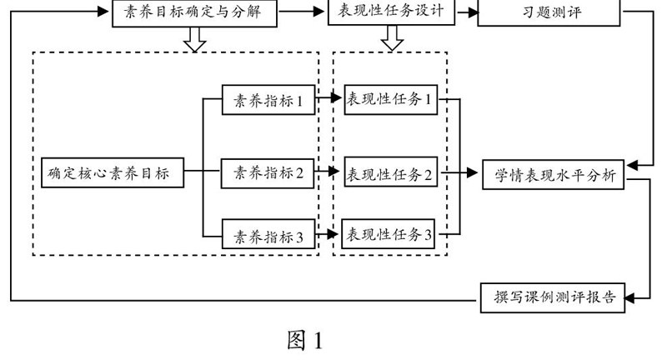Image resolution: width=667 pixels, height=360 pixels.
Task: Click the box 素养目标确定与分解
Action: (193, 12)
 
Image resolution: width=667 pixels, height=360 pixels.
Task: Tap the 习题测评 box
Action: (549, 12)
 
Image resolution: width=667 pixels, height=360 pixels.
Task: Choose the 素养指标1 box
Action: (268, 102)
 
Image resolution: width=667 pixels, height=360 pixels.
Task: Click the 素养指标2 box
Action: (268, 173)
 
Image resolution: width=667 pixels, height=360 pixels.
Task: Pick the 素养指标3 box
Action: (268, 237)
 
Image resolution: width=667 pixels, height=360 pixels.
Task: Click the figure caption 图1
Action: (304, 340)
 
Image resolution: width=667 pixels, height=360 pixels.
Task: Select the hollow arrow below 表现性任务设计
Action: (391, 38)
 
